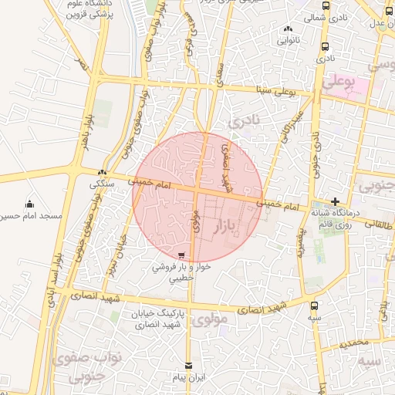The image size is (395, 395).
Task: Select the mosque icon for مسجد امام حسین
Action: (29, 204)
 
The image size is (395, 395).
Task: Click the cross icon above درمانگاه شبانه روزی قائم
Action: (334, 201)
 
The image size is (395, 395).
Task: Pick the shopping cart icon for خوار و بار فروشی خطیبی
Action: (181, 255)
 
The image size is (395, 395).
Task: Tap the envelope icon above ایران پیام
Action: (188, 366)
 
